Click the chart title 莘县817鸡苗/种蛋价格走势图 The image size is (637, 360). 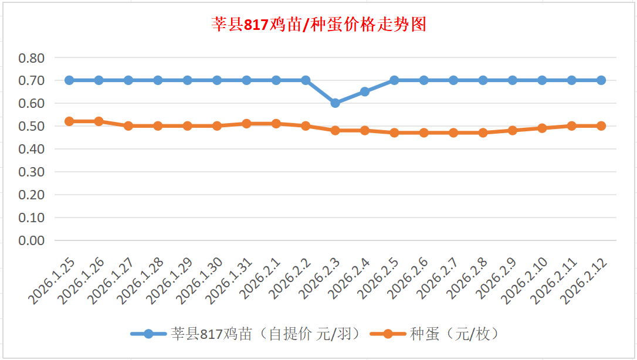click(318, 25)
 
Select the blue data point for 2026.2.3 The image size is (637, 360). click(336, 103)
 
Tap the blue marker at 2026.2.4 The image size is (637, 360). click(365, 91)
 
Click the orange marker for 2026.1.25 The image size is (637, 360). click(69, 121)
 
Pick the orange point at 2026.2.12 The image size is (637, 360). click(601, 126)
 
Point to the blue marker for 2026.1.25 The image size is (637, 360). click(69, 80)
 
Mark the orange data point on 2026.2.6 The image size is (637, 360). click(424, 133)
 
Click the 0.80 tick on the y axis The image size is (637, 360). click(32, 58)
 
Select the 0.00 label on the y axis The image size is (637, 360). click(32, 240)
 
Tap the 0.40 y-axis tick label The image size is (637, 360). click(32, 149)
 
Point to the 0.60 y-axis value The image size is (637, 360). click(32, 103)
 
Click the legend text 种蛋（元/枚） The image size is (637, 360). click(455, 334)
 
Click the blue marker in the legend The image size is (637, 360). click(148, 334)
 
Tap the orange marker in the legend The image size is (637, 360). click(388, 334)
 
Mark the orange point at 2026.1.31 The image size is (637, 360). click(246, 124)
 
